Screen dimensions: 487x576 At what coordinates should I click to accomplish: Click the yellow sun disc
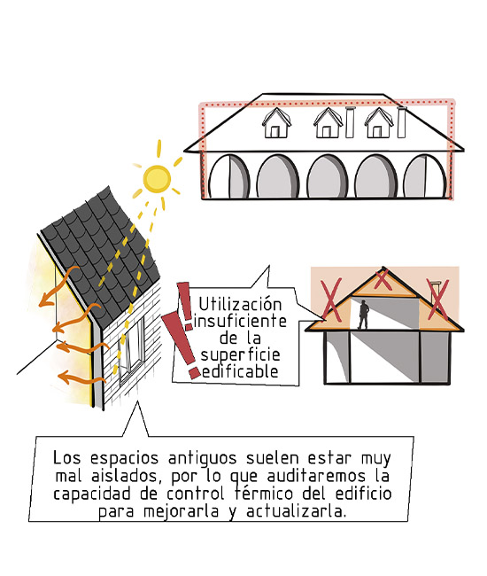(x=157, y=178)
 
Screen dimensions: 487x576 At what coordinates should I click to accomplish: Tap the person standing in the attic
(x=363, y=315)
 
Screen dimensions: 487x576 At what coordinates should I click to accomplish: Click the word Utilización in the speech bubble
(x=240, y=304)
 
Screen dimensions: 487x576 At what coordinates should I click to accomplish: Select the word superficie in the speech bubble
(x=240, y=355)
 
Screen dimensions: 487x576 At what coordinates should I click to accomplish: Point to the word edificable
(x=240, y=372)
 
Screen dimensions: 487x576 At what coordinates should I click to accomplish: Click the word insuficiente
(x=240, y=321)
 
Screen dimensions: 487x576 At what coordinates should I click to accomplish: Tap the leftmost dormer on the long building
(x=277, y=122)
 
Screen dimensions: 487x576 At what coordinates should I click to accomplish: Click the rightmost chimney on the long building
(x=402, y=122)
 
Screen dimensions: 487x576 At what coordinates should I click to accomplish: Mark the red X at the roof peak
(x=383, y=279)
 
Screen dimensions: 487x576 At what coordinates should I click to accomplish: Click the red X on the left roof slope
(x=331, y=300)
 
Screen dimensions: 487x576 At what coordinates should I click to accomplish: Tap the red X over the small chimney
(x=437, y=299)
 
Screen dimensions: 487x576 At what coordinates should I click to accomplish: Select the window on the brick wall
(x=131, y=348)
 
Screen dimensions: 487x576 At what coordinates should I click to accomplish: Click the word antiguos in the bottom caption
(x=202, y=459)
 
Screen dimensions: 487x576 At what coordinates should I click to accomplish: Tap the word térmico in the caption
(x=264, y=493)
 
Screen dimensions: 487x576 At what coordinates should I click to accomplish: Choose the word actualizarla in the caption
(x=296, y=510)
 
